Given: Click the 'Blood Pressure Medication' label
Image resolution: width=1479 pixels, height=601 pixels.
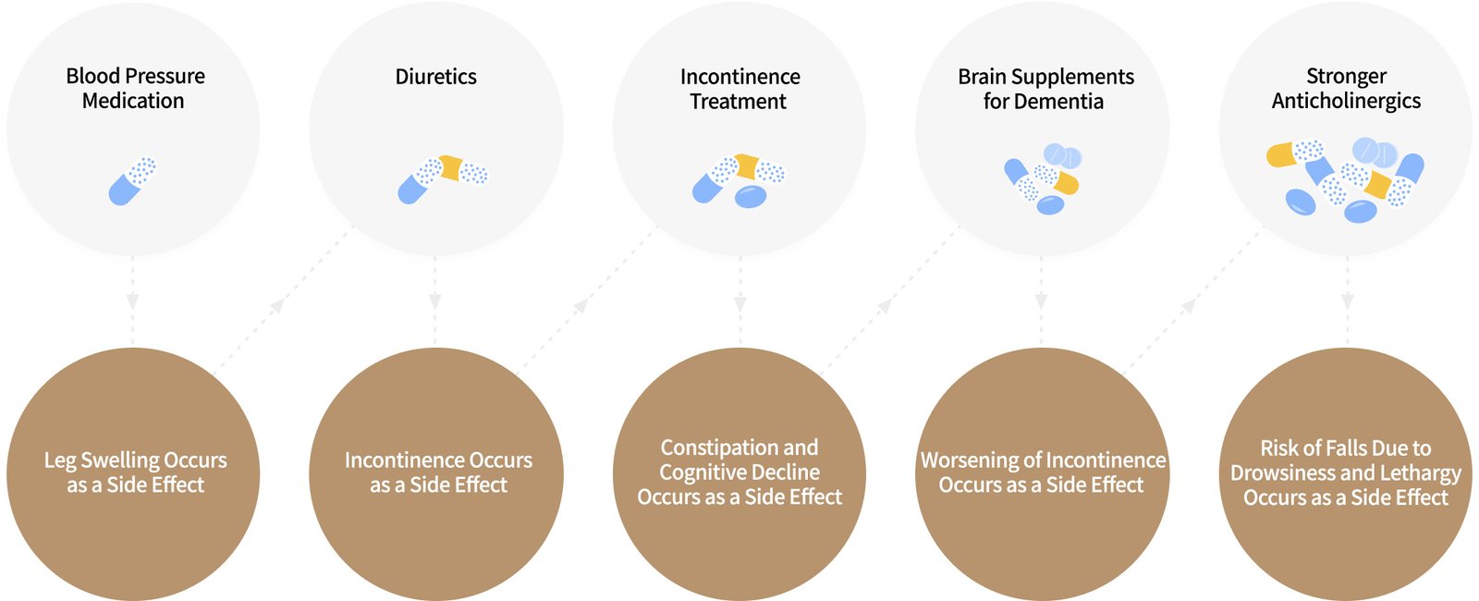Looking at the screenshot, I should (135, 88).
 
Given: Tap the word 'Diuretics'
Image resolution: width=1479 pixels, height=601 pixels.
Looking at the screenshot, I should (436, 77).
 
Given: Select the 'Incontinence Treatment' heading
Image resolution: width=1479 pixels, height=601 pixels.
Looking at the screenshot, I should (739, 89).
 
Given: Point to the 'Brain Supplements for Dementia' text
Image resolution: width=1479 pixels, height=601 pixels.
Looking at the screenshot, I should (1045, 89).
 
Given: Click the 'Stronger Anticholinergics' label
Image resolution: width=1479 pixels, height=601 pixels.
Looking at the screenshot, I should (1346, 88).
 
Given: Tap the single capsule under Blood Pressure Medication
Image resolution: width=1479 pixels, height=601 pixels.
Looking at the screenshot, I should (132, 180).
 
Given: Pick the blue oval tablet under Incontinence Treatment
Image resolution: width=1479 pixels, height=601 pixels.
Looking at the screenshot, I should (751, 196).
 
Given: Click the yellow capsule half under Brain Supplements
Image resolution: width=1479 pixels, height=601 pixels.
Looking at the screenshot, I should (1067, 183).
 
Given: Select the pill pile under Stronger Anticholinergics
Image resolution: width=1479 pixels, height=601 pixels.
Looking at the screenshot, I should (1346, 180).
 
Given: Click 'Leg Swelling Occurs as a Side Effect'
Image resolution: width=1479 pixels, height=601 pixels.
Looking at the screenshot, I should (135, 472).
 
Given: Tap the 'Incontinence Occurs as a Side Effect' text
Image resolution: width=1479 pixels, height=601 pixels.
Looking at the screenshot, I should (438, 472).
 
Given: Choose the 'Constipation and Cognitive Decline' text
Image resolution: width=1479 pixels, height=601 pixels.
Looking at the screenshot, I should (739, 460).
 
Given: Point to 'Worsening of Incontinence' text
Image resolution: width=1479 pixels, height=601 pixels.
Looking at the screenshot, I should (1043, 460).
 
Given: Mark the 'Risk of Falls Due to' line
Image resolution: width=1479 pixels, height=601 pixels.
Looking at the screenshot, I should (1346, 448).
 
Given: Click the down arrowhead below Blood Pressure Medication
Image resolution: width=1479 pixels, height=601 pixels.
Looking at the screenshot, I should (133, 301).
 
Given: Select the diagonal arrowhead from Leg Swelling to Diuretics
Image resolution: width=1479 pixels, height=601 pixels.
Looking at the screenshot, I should (276, 305).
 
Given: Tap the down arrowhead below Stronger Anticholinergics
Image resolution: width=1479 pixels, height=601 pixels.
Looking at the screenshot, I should (1347, 301).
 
